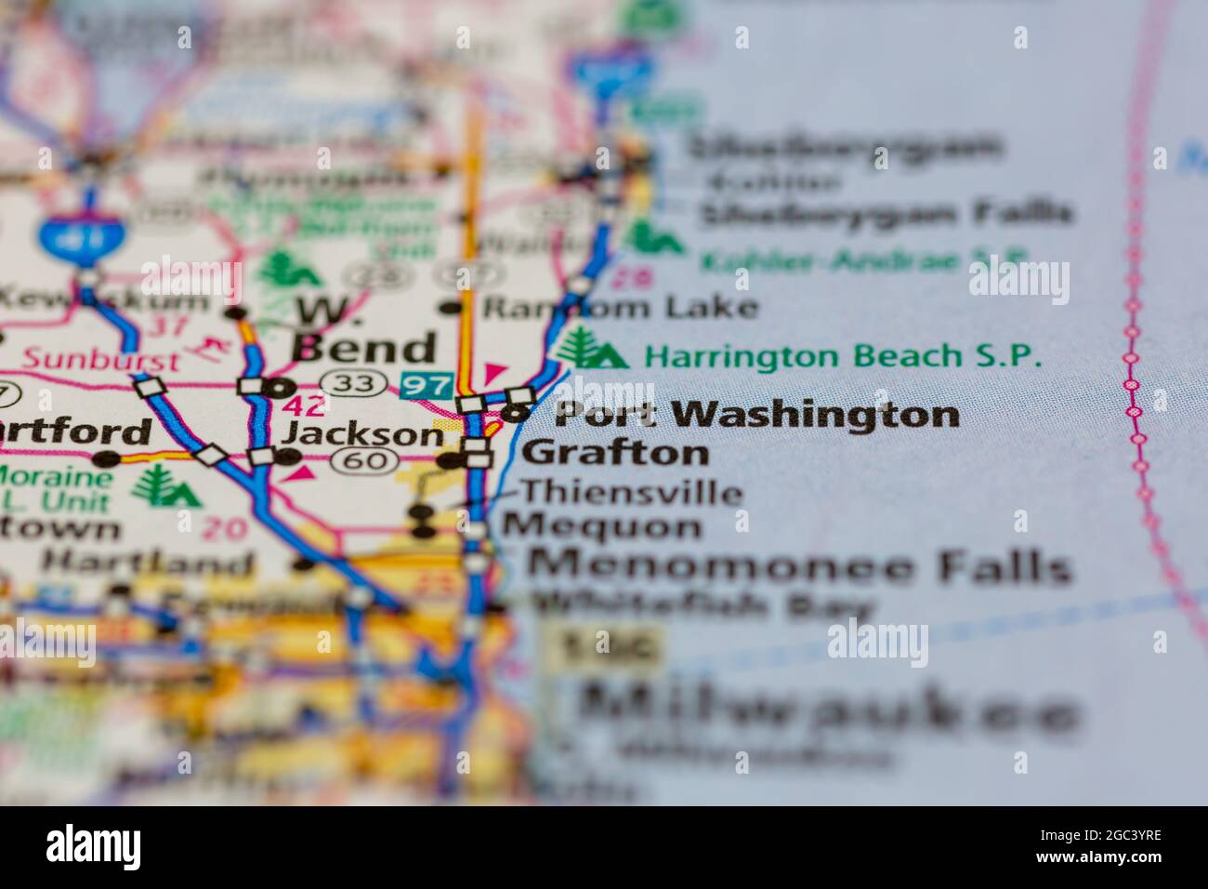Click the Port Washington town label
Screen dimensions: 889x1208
pos(756,415)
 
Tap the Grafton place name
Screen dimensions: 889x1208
pos(615,454)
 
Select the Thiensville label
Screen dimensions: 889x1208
pos(631,492)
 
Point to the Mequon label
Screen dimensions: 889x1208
pos(602,527)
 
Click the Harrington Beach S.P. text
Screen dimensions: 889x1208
pos(844,356)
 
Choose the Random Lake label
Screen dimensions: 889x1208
pos(620,307)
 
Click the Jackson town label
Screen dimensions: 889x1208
pos(363,433)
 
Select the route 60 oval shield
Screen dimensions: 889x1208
pos(366,459)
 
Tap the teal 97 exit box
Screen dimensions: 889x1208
pos(426,384)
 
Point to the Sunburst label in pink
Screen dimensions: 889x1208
pos(102,358)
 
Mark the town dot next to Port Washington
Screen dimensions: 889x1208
pos(519,413)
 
